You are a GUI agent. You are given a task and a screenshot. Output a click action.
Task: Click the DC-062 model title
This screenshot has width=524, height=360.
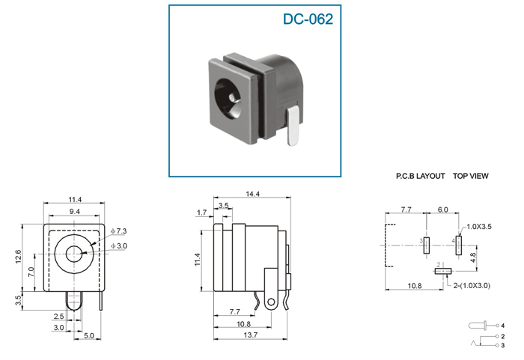coord(308,19)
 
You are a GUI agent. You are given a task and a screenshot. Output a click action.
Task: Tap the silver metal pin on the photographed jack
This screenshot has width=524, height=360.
coord(293,126)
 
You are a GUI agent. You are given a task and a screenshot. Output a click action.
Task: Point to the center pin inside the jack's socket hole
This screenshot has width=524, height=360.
coord(232,97)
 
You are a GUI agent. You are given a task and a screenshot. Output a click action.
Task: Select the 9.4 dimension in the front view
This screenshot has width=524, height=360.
coord(75,212)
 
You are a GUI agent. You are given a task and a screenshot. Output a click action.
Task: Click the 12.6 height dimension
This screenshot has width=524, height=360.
coord(18,257)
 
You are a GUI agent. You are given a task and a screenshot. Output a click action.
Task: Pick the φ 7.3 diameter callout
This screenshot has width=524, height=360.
coord(118,231)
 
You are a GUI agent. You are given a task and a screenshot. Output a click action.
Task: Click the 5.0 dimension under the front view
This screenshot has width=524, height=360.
coord(88,335)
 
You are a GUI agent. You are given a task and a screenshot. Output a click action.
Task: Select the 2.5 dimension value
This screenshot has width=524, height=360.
coord(58,316)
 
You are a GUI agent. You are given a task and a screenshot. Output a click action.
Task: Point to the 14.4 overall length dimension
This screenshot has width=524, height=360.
coord(252,194)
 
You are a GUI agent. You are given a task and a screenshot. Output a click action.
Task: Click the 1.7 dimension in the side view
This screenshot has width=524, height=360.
coord(202,213)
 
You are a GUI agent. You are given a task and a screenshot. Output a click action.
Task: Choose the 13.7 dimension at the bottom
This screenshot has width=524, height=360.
coord(251,335)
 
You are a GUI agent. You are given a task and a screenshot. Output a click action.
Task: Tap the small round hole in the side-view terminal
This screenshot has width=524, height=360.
coord(271,302)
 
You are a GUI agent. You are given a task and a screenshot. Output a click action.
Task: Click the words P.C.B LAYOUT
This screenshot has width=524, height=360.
coord(420,176)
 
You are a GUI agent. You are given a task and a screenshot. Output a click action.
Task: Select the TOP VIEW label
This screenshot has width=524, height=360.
coord(471,176)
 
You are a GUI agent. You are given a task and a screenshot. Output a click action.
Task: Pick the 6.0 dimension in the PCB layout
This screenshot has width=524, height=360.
coord(442,210)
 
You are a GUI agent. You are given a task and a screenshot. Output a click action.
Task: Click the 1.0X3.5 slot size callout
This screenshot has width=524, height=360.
coord(479,227)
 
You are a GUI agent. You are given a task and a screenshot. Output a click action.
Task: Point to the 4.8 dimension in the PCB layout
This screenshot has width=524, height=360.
coord(473,257)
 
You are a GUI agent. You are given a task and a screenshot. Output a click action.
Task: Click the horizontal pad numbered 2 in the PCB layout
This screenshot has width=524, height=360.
coord(443,271)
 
